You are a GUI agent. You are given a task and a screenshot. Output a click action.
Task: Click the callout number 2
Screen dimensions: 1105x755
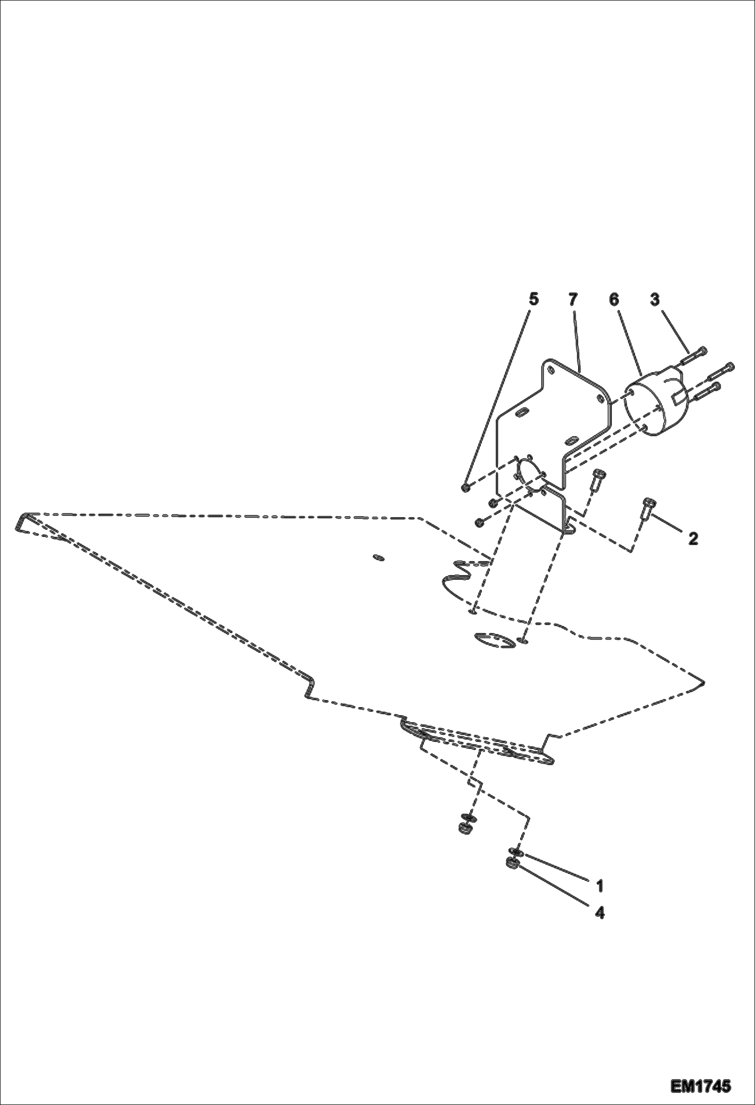click(x=693, y=539)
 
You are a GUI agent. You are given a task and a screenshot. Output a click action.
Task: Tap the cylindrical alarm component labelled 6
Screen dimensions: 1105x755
click(x=650, y=403)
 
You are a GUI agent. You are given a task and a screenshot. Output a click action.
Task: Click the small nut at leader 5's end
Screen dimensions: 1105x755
click(x=466, y=487)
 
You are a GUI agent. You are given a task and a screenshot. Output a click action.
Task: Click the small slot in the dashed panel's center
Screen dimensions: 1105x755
click(x=378, y=557)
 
